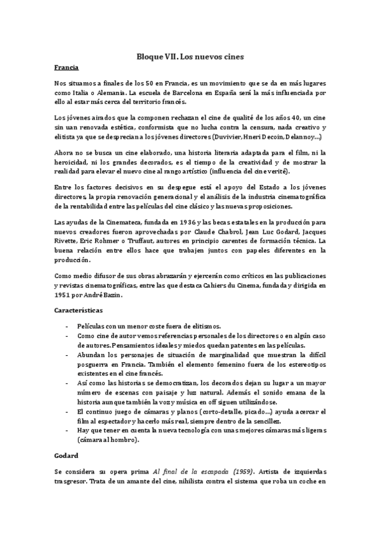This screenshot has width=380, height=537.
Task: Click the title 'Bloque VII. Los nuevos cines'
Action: (x=190, y=56)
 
